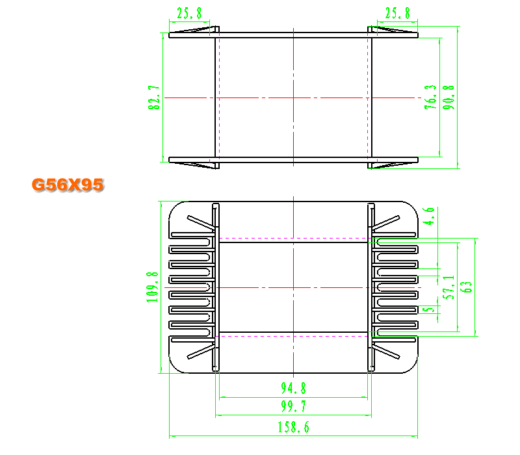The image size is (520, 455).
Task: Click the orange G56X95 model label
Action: tap(68, 185)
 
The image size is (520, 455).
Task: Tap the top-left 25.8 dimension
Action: tap(189, 13)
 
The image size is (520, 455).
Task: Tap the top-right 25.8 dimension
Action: tap(397, 13)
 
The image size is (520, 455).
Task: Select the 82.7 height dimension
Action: tap(154, 97)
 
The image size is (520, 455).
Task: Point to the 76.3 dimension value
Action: tap(430, 97)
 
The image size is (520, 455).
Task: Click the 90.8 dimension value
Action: tap(448, 97)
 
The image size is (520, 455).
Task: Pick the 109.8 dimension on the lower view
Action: tap(153, 287)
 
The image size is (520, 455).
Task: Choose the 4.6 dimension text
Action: tap(429, 216)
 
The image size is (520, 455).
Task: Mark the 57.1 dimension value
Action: tap(448, 287)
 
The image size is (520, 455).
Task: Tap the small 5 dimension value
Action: tap(429, 310)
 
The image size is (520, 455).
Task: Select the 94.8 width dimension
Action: tap(294, 388)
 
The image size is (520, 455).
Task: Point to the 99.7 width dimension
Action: tap(294, 406)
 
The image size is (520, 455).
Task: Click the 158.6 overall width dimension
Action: tap(294, 427)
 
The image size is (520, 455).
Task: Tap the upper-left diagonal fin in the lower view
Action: tap(201, 222)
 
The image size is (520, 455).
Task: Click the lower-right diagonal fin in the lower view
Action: tap(386, 352)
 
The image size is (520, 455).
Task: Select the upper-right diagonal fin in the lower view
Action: tap(386, 222)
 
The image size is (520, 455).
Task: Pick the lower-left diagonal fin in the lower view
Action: tap(201, 352)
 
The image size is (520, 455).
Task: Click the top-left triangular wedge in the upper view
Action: tap(194, 30)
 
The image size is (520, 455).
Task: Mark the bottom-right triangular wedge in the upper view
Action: tap(393, 165)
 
